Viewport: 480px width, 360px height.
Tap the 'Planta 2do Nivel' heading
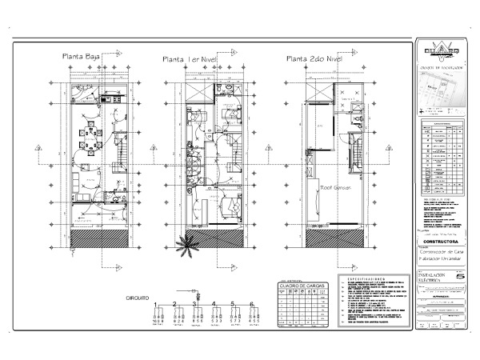pyautogui.click(x=314, y=58)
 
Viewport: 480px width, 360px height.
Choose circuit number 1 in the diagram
pyautogui.click(x=154, y=305)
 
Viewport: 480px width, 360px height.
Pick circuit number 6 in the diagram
pyautogui.click(x=252, y=305)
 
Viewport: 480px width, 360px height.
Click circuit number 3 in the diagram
pyautogui.click(x=194, y=305)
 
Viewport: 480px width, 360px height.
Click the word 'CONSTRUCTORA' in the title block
pyautogui.click(x=442, y=240)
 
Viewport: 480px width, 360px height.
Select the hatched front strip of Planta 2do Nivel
pyautogui.click(x=329, y=236)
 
